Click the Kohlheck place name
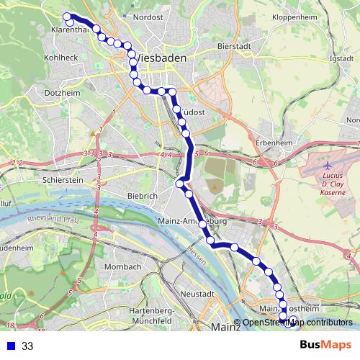click(x=60, y=57)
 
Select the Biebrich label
click(x=142, y=196)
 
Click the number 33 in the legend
click(x=27, y=346)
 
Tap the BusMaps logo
click(x=325, y=346)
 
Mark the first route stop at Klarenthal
click(x=67, y=17)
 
